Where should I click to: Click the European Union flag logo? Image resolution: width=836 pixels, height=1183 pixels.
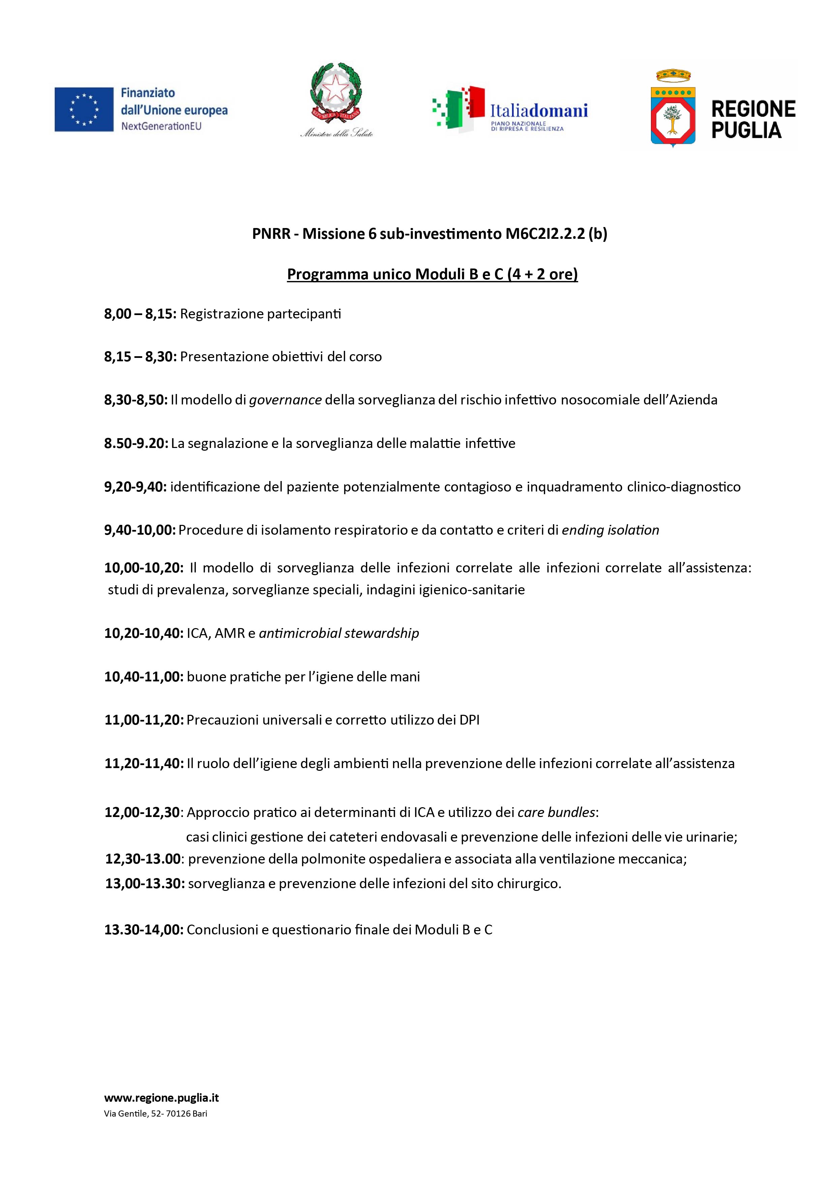pos(84,109)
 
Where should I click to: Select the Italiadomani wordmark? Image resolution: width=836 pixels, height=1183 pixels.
pos(538,110)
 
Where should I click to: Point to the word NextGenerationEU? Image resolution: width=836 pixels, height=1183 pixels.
pos(161,126)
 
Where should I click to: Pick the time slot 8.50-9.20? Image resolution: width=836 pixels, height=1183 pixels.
pos(136,443)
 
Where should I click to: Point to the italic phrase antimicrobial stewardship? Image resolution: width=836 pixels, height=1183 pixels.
pos(339,633)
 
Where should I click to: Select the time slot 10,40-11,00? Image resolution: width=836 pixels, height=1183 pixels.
pos(144,677)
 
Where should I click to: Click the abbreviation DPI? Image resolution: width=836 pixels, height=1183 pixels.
pos(469,720)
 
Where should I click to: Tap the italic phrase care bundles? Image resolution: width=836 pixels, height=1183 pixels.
pos(556,813)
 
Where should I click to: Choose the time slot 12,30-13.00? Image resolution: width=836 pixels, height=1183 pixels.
pos(143,859)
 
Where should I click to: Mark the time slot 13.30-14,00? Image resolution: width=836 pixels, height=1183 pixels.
pos(144,930)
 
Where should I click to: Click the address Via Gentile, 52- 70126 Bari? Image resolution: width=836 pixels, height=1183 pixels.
pos(155,1114)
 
